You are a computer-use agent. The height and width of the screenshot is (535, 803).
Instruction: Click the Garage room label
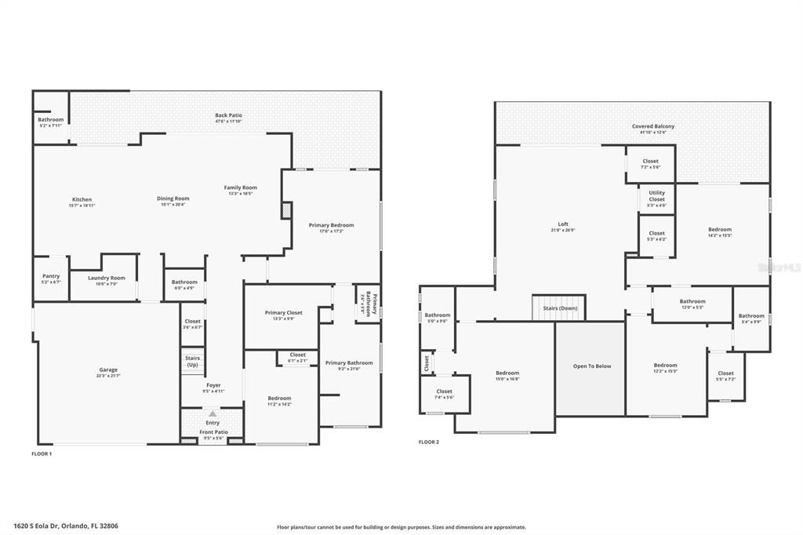pos(108,369)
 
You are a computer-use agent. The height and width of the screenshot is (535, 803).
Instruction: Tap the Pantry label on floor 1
pos(51,276)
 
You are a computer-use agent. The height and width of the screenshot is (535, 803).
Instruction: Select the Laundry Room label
pos(107,278)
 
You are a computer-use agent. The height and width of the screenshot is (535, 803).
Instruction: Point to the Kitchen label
pos(82,199)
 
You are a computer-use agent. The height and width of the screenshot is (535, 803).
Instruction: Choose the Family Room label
pos(241,187)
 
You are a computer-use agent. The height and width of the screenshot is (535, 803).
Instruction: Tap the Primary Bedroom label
pos(331,225)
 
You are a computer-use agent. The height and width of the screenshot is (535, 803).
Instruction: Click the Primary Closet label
pos(283,312)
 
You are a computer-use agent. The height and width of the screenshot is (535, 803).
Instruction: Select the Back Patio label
pos(227,115)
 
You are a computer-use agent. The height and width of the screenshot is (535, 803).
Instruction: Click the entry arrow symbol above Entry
pos(213,413)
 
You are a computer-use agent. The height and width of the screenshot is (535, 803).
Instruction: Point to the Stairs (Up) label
pos(192,361)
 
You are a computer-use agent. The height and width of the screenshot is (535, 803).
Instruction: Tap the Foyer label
pos(213,385)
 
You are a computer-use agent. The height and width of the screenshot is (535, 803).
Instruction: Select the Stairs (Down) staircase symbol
pos(559,308)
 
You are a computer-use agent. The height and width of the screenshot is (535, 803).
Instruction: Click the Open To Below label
pos(591,366)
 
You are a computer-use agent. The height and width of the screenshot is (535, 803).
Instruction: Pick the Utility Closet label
pos(656,195)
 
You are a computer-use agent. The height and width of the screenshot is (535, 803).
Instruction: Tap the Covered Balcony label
pos(653,126)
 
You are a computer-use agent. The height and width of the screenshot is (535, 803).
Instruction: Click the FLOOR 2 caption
pos(429,442)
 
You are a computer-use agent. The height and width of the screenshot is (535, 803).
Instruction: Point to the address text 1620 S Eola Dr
pos(66,526)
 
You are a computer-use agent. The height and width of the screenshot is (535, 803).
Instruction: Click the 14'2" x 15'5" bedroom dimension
pos(720,235)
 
